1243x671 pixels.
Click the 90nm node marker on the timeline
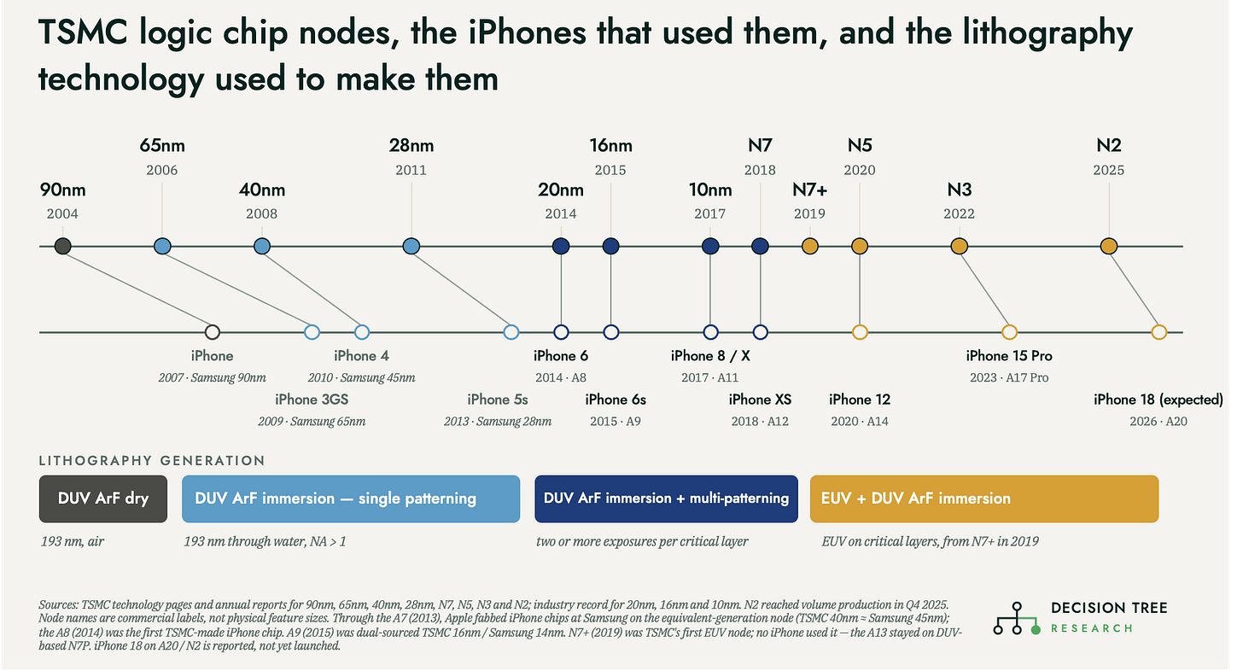point(62,246)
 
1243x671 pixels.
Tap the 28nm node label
point(411,145)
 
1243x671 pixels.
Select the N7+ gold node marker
point(809,246)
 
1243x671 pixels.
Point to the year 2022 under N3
point(959,213)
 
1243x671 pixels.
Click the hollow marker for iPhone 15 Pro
point(1009,332)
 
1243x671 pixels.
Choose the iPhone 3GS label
point(312,400)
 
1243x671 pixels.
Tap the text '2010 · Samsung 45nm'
point(362,378)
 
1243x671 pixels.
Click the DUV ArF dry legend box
point(103,499)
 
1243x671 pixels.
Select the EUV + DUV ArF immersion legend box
point(984,499)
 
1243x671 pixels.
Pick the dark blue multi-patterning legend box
point(667,499)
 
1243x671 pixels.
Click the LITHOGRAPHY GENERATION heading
point(152,461)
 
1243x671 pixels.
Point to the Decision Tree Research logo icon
point(1017,618)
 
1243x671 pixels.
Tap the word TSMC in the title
point(83,32)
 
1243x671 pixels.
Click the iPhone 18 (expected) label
point(1158,400)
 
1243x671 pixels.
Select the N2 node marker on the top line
point(1109,246)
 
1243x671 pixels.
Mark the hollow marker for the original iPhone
point(212,332)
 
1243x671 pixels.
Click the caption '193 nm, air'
point(72,542)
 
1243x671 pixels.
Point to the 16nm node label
point(611,145)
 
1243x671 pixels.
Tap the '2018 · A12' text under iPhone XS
point(760,421)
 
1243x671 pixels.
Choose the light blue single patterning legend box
point(351,499)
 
